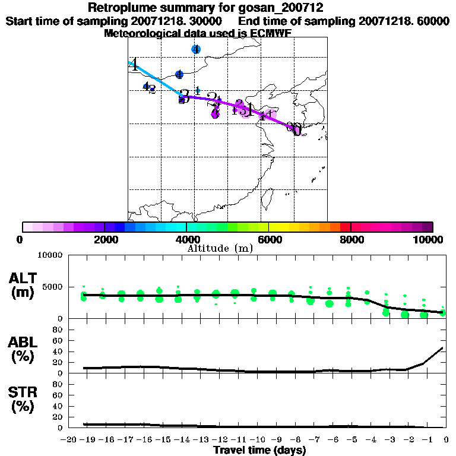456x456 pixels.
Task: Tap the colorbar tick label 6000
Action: tap(269, 239)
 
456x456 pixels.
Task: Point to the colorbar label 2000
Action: tap(104, 239)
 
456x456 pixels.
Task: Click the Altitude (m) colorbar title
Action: tap(220, 248)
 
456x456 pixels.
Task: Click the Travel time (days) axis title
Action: tap(259, 450)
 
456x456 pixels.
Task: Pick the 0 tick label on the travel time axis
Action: tap(445, 440)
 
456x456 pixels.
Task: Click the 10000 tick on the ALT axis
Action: tap(50, 255)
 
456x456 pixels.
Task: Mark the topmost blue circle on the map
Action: tap(196, 49)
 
